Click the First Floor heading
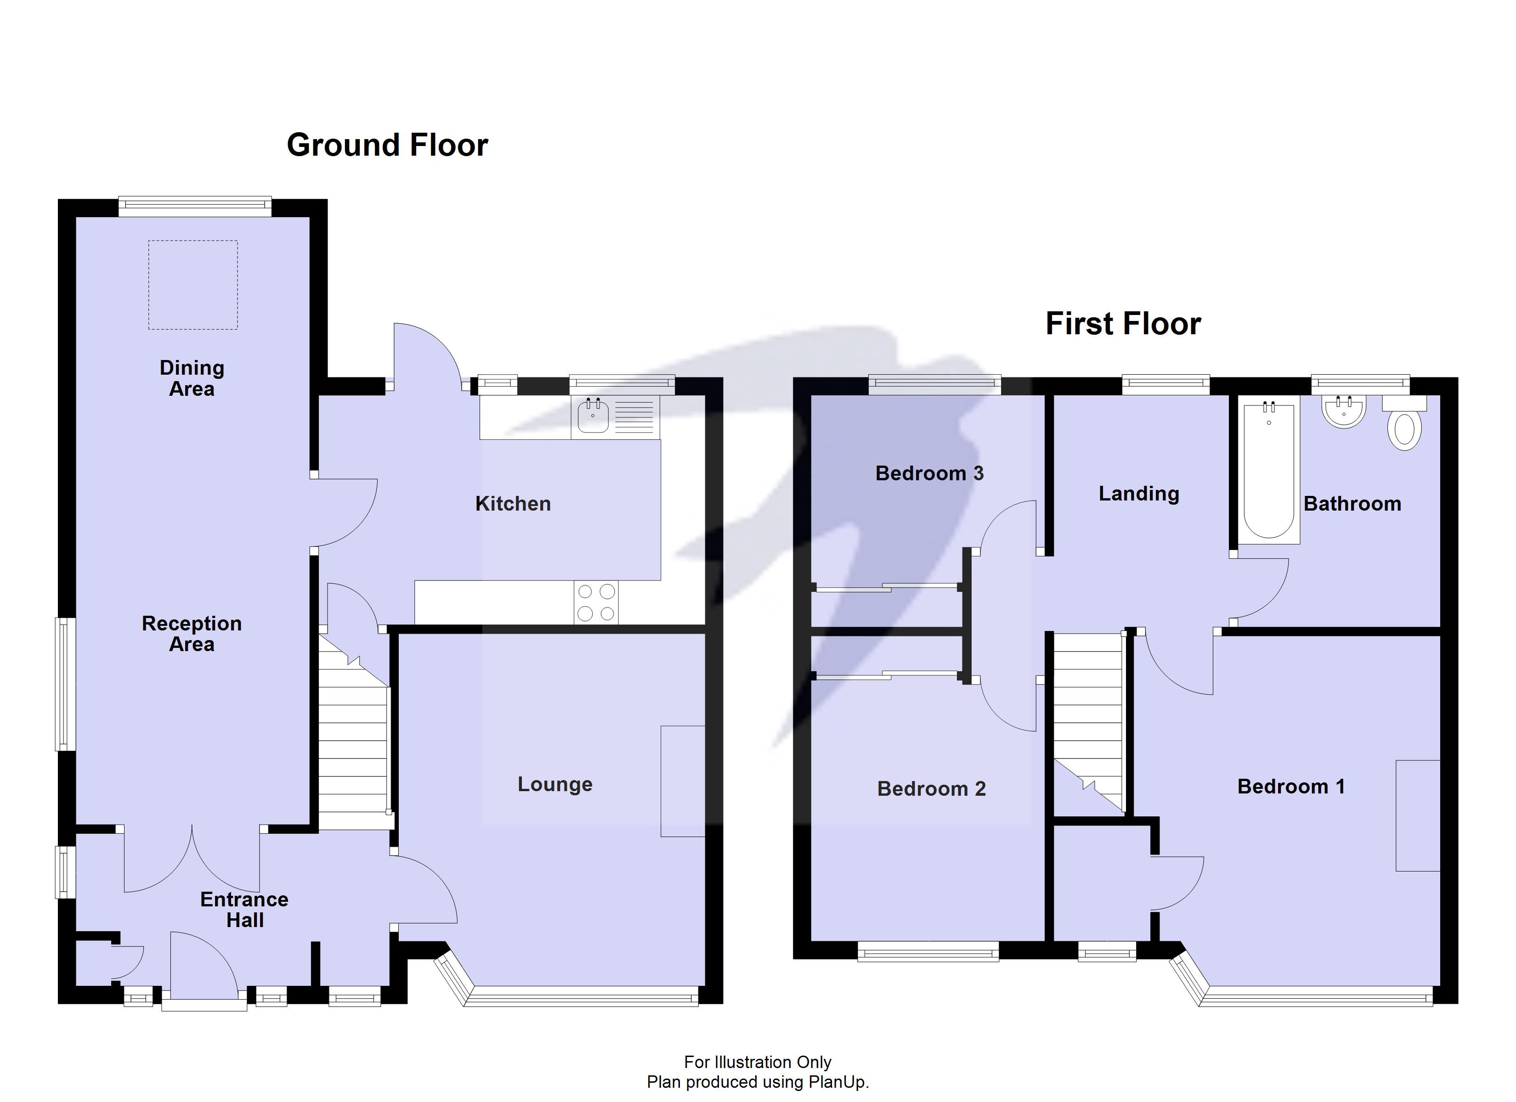[1122, 324]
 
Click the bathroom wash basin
[1344, 412]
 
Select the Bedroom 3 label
[929, 474]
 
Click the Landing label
[1138, 494]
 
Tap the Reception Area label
[192, 634]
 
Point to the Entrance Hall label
[245, 910]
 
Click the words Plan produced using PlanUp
[758, 1082]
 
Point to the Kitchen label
[513, 504]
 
